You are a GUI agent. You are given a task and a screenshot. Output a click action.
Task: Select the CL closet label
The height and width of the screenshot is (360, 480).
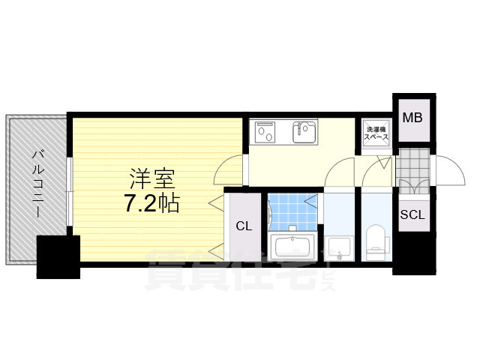coord(244,226)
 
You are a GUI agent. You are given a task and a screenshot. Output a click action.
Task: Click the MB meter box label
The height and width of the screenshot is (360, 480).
coord(412,118)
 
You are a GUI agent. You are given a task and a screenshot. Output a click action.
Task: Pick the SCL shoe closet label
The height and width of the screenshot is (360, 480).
coord(412,214)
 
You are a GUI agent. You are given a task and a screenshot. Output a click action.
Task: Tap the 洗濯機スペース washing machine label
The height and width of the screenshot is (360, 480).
coord(376,133)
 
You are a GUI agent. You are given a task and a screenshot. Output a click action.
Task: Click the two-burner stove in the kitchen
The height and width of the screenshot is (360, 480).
coord(266,133)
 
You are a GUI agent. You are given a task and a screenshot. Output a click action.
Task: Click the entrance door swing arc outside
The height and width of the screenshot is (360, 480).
coord(448,170)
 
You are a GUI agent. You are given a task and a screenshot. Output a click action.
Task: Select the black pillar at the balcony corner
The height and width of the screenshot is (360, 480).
coord(58,256)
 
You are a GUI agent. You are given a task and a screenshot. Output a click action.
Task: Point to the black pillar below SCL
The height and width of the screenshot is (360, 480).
coord(413,255)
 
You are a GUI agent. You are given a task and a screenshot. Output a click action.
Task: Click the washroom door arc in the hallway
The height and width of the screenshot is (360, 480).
coord(340,174)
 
